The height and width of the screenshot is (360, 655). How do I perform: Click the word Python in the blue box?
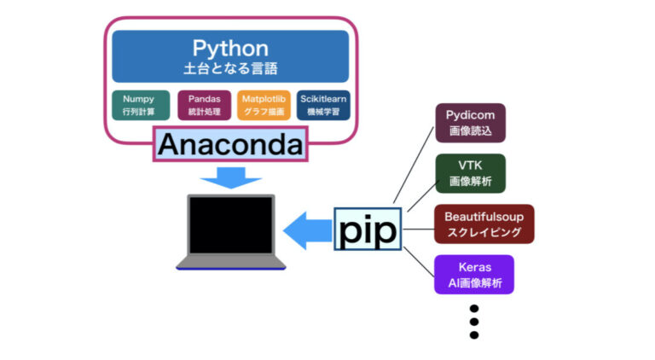(x=229, y=48)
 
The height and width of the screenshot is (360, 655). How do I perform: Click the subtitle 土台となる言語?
(x=229, y=68)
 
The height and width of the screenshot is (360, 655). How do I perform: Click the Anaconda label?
(x=230, y=145)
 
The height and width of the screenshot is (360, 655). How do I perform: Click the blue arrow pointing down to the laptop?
(x=230, y=176)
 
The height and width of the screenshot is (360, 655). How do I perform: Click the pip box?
(x=368, y=229)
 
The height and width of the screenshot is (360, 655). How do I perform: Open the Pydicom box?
(x=470, y=123)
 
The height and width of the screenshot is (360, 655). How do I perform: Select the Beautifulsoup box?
(x=484, y=224)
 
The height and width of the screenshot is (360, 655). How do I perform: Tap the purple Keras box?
(x=473, y=275)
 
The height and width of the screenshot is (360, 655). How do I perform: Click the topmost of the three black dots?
(x=474, y=309)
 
